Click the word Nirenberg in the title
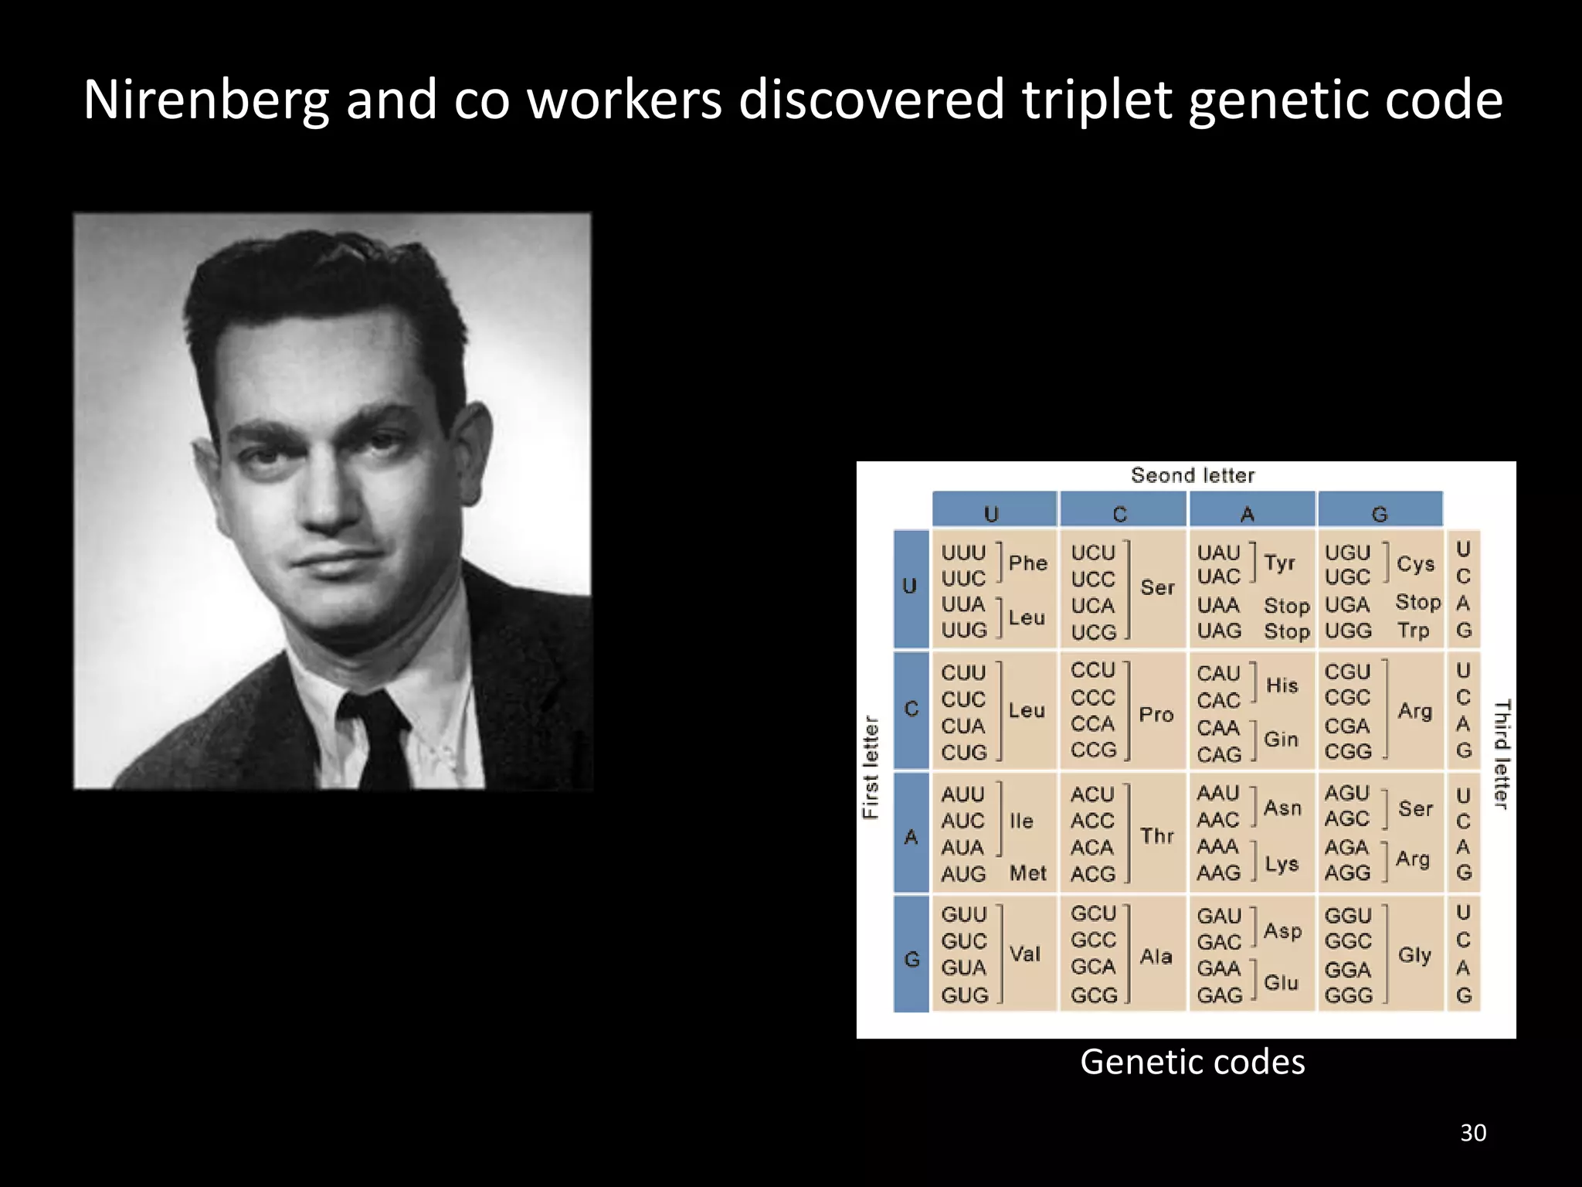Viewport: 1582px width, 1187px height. (x=205, y=100)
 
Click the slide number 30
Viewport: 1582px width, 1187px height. (x=1473, y=1133)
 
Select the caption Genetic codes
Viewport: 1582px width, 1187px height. (x=1192, y=1062)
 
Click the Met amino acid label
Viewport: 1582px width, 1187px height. (x=1027, y=873)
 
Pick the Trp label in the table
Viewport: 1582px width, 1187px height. (x=1413, y=631)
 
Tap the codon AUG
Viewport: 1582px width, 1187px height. (x=963, y=874)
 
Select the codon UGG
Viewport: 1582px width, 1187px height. (x=1348, y=631)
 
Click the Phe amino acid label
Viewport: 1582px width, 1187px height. (x=1027, y=563)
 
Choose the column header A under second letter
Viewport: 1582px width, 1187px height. (x=1248, y=514)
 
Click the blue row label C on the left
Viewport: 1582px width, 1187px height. (x=912, y=709)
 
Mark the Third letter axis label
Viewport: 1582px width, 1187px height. (x=1501, y=754)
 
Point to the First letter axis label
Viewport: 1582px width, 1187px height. (x=871, y=767)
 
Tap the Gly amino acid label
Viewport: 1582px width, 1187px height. (x=1414, y=955)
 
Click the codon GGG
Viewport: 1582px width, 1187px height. (x=1348, y=995)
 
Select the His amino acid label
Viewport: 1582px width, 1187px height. (x=1282, y=685)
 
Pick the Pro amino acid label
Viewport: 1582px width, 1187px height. (x=1156, y=714)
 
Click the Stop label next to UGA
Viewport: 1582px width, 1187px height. (x=1417, y=602)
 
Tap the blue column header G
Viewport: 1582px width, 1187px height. (x=1380, y=514)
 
